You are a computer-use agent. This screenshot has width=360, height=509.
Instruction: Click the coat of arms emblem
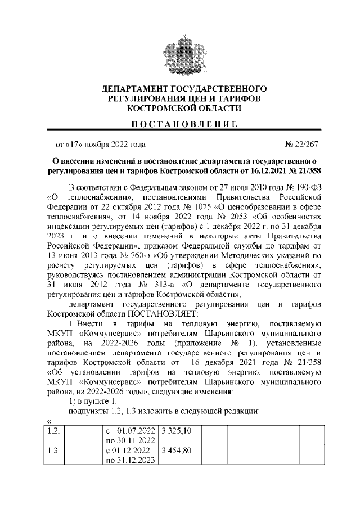tap(180, 53)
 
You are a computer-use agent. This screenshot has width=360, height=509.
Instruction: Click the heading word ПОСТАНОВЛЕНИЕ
tap(180, 124)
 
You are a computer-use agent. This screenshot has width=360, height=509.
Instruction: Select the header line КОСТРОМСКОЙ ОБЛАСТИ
tap(180, 107)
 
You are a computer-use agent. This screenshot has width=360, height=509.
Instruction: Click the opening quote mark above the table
tap(49, 420)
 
